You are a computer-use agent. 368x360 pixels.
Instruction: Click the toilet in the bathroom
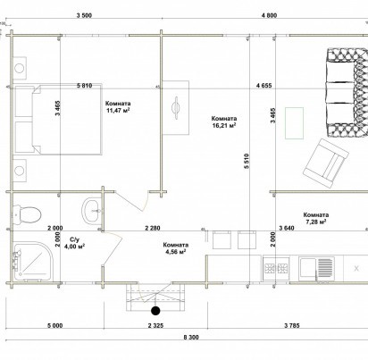[x=27, y=214]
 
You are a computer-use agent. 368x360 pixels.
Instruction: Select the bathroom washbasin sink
[x=92, y=211]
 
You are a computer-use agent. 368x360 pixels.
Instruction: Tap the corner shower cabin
[x=33, y=261]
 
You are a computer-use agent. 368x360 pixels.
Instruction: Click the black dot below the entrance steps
[x=155, y=311]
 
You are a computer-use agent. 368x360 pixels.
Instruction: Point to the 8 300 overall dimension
[x=191, y=338]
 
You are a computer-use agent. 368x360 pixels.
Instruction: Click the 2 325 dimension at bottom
[x=155, y=325]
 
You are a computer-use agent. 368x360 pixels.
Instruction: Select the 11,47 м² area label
[x=118, y=111]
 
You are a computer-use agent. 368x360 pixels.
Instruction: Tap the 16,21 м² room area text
[x=224, y=125]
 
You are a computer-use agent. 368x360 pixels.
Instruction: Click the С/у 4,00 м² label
[x=75, y=243]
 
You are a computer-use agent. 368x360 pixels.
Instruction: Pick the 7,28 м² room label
[x=316, y=222]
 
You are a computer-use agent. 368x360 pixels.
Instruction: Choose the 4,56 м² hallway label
[x=176, y=252]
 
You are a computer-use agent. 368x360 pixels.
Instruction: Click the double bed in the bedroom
[x=58, y=119]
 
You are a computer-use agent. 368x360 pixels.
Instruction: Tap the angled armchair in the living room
[x=326, y=163]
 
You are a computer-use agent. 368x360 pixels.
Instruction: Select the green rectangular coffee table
[x=294, y=123]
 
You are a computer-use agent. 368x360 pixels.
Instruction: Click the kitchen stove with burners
[x=276, y=269]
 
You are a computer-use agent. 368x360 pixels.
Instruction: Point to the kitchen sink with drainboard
[x=316, y=269]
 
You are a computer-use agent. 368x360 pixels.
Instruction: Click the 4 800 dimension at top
[x=269, y=15]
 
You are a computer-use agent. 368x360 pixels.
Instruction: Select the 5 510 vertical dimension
[x=247, y=161]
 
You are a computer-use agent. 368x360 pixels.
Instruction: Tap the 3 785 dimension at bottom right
[x=292, y=325]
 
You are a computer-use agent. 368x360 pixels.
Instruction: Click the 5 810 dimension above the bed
[x=84, y=86]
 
